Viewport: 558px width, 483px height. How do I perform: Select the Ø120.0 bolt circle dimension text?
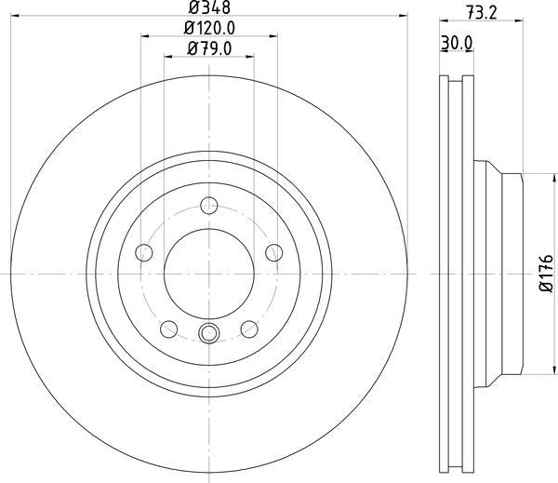tap(210, 29)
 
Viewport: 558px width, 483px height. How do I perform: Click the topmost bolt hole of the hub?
tap(209, 206)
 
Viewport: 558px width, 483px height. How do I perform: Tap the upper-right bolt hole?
tap(273, 252)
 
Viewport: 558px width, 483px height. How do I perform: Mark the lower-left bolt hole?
tap(169, 328)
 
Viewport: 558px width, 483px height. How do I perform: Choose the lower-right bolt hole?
tap(249, 328)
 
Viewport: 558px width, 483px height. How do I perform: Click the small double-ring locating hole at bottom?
tap(209, 334)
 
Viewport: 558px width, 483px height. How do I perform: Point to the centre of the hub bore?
tap(209, 274)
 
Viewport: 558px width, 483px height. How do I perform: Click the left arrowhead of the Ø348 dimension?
tap(13, 16)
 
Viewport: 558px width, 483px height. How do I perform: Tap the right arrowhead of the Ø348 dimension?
tap(405, 16)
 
